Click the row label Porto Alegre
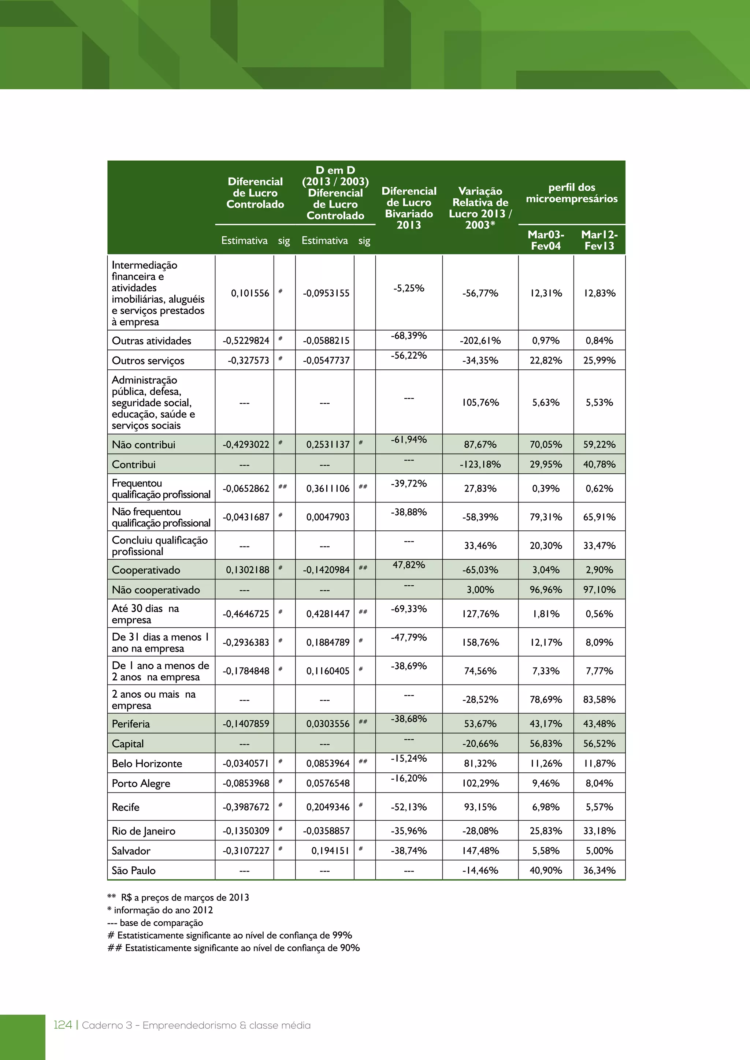(141, 783)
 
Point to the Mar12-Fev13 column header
(599, 240)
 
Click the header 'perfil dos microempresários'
(571, 193)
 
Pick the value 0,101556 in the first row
(250, 293)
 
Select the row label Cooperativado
(146, 570)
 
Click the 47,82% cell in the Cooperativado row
(409, 565)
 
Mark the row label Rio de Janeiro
(144, 831)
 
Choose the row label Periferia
(131, 724)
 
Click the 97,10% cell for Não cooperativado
(599, 590)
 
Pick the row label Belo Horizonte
(147, 764)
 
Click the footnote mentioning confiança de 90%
(234, 948)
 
